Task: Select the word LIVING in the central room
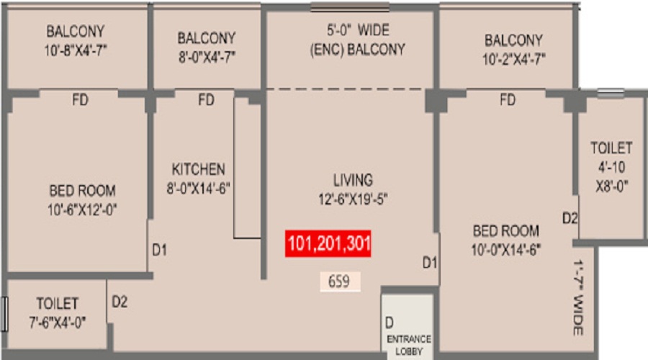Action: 353,179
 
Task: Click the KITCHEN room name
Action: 198,169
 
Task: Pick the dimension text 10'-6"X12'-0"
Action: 82,210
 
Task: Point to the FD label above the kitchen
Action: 206,100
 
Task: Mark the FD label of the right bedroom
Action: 508,100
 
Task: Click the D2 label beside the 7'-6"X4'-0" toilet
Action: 120,302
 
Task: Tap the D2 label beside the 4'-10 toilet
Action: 570,218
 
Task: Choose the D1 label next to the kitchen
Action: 160,250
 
